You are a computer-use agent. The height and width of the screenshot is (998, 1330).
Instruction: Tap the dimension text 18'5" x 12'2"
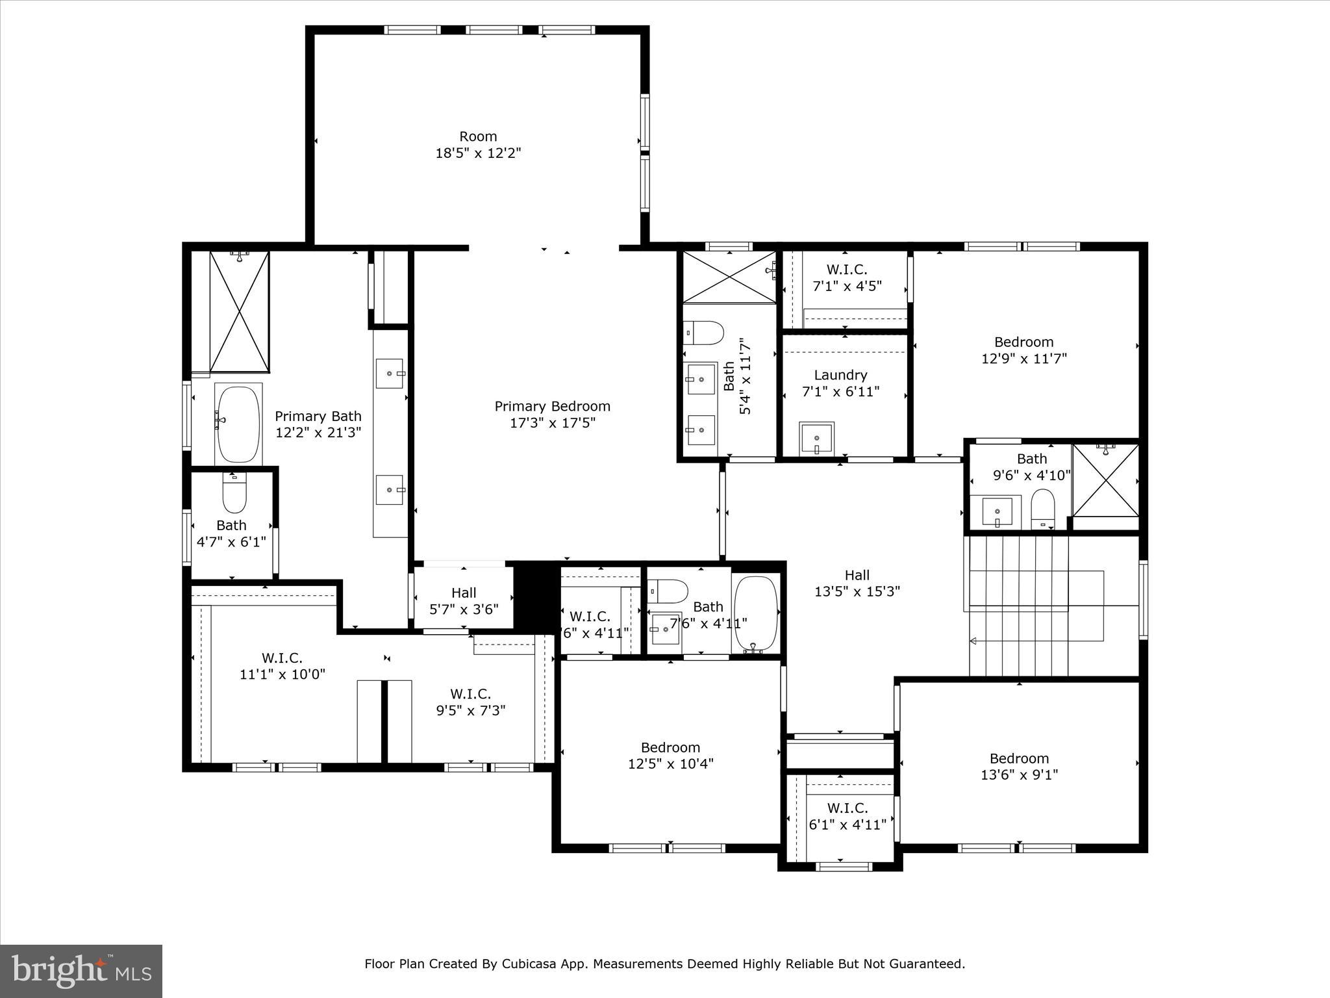(x=478, y=153)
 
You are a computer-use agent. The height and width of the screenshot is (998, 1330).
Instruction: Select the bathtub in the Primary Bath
(x=238, y=424)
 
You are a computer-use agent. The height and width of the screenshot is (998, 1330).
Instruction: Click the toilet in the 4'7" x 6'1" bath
(x=234, y=494)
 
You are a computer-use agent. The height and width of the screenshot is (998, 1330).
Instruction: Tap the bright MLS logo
(x=81, y=971)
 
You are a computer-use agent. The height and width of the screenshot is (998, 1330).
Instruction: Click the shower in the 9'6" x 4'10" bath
(x=1105, y=480)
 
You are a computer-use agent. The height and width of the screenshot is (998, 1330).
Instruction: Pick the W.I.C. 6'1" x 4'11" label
(x=847, y=816)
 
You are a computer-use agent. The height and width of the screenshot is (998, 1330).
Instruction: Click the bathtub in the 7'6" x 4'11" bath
(x=755, y=613)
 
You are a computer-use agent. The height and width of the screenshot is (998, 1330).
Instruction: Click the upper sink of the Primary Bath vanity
(x=390, y=374)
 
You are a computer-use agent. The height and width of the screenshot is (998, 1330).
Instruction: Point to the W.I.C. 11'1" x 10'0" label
(x=282, y=666)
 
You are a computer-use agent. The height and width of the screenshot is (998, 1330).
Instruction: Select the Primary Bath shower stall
(x=239, y=312)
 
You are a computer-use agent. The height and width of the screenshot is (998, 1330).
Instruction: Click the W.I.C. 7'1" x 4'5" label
(x=847, y=277)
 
